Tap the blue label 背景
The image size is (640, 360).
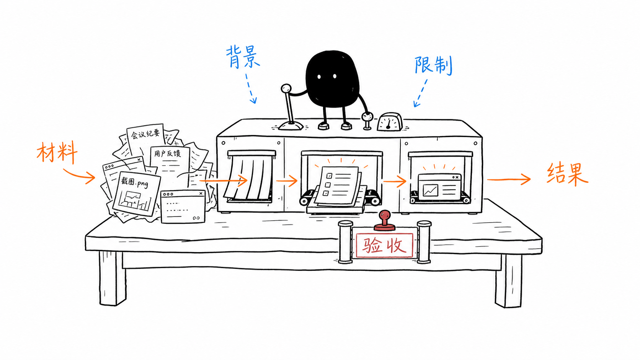pos(243,57)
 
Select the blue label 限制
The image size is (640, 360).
pos(433,65)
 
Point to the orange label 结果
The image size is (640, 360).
pos(567,174)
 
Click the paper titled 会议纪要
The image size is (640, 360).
pos(146,140)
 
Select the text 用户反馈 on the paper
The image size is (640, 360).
pos(167,153)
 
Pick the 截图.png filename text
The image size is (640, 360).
pos(134,182)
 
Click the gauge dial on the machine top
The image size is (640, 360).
pos(390,122)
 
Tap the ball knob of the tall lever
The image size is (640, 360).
pos(286,88)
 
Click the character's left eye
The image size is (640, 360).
pos(319,77)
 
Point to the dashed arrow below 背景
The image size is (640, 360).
pos(251,88)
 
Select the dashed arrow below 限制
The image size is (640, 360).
pos(421,93)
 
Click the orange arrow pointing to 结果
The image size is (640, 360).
pos(509,179)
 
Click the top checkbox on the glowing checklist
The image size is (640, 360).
pos(330,176)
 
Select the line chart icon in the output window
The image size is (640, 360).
pos(430,191)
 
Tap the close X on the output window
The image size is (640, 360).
pos(457,177)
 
